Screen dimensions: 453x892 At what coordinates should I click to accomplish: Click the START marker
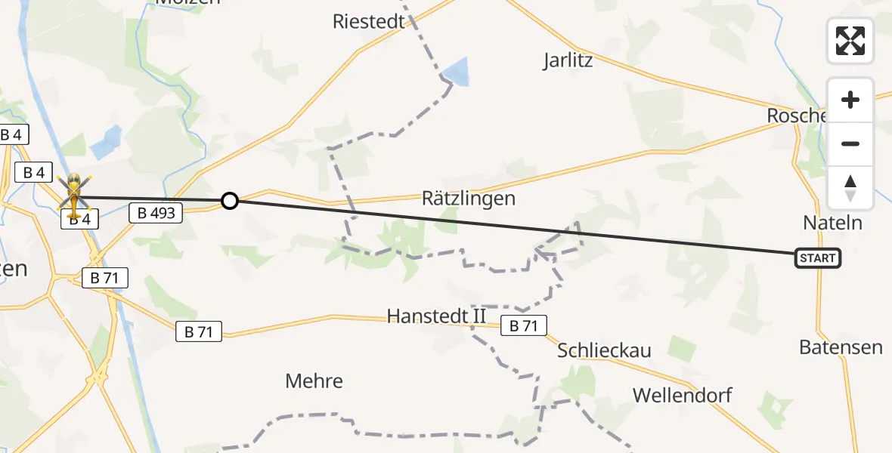817,258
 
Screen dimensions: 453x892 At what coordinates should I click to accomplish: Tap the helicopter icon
74,194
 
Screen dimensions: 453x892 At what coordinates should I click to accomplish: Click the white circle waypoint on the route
230,201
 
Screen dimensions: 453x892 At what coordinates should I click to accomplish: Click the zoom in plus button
850,100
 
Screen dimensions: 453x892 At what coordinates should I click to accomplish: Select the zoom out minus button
850,144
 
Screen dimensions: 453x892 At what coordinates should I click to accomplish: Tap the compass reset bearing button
850,188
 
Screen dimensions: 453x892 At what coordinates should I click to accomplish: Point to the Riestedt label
369,21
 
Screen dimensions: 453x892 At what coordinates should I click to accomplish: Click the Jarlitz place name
568,60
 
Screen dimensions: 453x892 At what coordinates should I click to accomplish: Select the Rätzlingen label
469,199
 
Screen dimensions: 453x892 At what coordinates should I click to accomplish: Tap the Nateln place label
832,223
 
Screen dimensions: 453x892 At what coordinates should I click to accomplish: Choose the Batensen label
841,347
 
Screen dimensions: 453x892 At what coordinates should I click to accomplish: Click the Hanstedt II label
437,316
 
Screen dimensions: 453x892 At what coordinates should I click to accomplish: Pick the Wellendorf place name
683,395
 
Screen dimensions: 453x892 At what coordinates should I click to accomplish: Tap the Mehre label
314,381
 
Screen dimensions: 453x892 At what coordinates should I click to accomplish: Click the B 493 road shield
156,214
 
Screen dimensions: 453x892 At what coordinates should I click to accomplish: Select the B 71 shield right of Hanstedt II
523,325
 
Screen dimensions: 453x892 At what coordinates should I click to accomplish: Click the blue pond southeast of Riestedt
456,72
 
